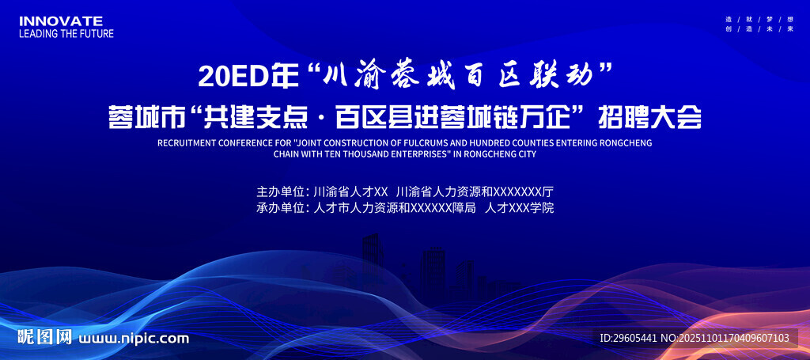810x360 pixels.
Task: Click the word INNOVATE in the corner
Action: tap(61, 21)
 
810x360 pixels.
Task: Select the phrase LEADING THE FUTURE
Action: tap(66, 34)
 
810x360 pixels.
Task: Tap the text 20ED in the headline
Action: tap(231, 77)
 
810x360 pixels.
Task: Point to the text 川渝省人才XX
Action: tap(350, 191)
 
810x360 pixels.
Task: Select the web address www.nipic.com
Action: tap(134, 339)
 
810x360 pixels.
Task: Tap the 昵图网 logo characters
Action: tap(45, 338)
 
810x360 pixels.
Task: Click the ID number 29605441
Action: tap(634, 338)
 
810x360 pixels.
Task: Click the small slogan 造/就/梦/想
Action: tap(759, 18)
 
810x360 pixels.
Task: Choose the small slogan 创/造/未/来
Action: tap(759, 29)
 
